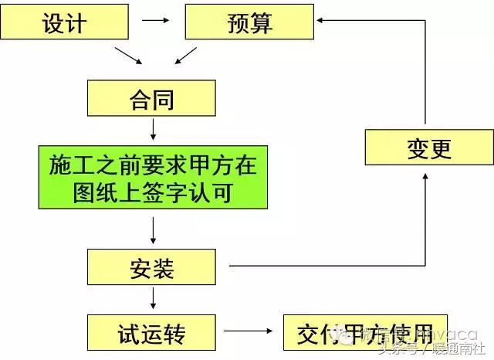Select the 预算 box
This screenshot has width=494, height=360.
(250, 23)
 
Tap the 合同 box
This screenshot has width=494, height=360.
(152, 98)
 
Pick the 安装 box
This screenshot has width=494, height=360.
(152, 268)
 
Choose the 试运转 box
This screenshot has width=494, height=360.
(153, 335)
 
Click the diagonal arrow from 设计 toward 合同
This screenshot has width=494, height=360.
(128, 56)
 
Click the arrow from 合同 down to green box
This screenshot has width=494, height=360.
(153, 127)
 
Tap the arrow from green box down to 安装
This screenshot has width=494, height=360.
(153, 229)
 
